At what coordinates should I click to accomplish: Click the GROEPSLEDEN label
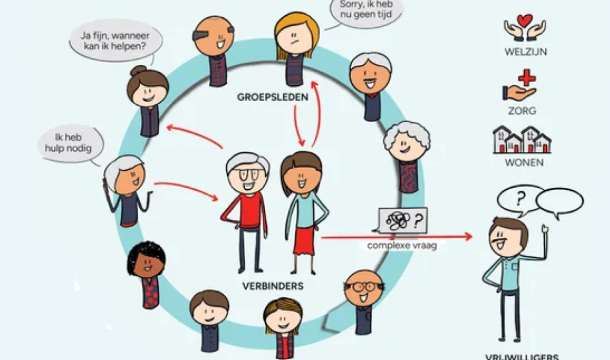272,97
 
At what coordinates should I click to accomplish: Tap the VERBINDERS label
273,286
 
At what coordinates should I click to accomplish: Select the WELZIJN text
526,52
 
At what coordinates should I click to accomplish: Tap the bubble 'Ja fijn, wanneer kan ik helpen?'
115,41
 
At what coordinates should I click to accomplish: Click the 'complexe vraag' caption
402,245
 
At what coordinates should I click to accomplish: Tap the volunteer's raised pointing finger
544,228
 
